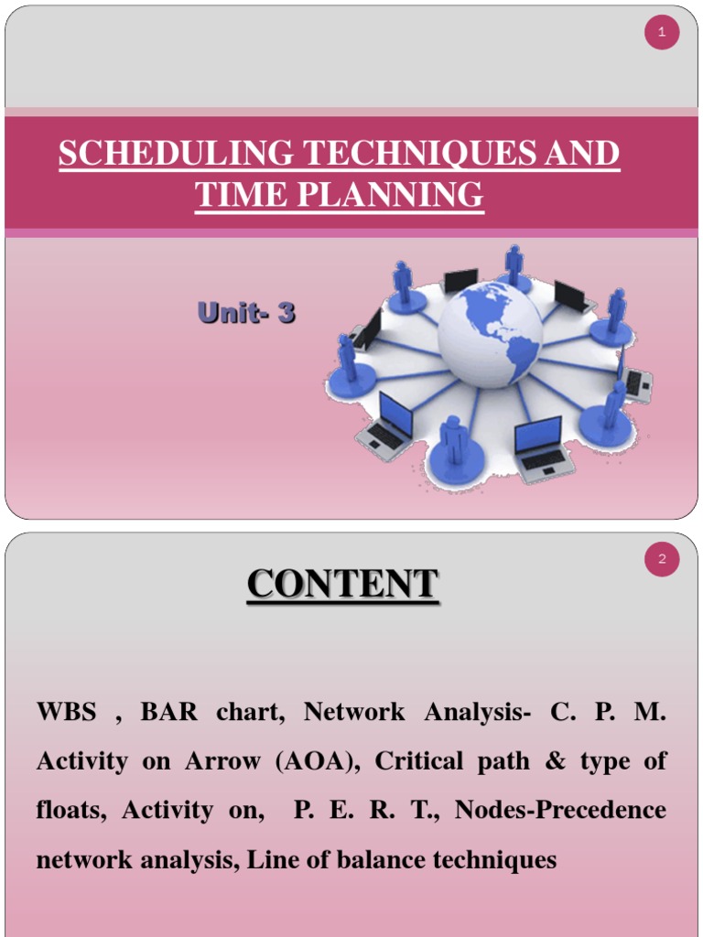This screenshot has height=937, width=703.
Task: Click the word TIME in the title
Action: (235, 195)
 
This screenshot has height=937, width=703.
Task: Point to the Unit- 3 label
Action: (246, 314)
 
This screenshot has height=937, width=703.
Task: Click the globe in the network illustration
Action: (490, 334)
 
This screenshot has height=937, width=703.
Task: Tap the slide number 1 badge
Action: (662, 34)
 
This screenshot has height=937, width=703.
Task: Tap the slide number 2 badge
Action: (662, 561)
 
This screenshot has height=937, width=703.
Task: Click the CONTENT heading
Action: (342, 585)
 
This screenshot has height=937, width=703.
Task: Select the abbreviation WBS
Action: (66, 713)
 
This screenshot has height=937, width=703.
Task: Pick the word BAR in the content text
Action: (168, 713)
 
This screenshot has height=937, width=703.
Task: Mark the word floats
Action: (73, 811)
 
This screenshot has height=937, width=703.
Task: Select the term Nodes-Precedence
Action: (560, 811)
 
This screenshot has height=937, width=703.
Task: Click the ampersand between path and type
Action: (556, 761)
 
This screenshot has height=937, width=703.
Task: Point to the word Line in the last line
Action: (272, 860)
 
